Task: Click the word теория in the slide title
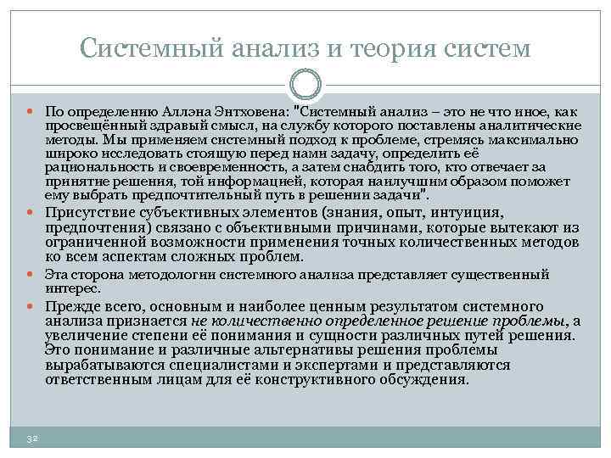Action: [x=392, y=49]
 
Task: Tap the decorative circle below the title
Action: [x=305, y=84]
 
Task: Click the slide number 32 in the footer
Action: [x=32, y=439]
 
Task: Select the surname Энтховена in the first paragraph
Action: [x=251, y=112]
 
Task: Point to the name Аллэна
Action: [x=186, y=112]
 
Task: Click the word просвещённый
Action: [x=97, y=126]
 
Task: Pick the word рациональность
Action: [x=99, y=168]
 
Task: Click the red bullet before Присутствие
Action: [x=31, y=213]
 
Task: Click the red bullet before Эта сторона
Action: [x=31, y=274]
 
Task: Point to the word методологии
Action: [x=171, y=275]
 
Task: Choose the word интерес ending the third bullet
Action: [x=72, y=289]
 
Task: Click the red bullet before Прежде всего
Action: [x=31, y=306]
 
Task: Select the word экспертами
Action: [x=336, y=366]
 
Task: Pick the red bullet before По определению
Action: [x=31, y=112]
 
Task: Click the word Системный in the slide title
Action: [x=152, y=48]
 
